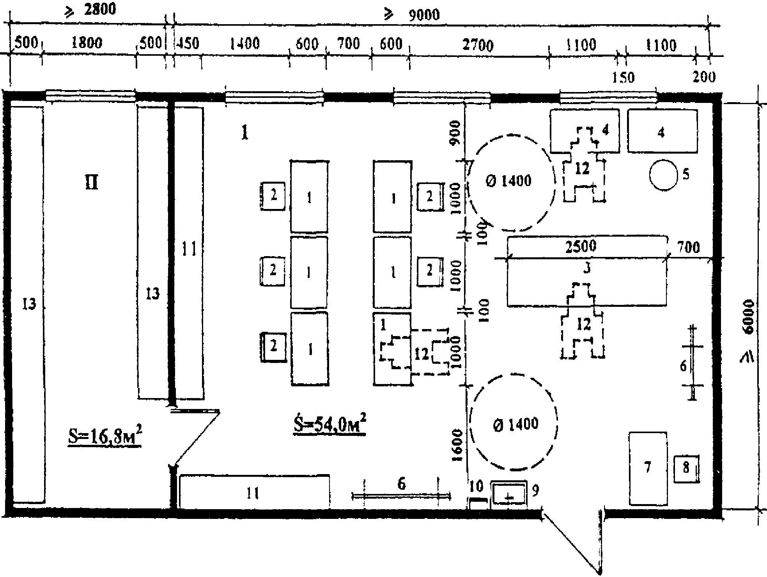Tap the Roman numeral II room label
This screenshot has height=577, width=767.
click(x=92, y=182)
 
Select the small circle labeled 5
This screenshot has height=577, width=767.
click(x=663, y=175)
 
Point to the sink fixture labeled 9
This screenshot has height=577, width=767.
click(x=508, y=495)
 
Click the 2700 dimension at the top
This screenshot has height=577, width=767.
click(x=478, y=45)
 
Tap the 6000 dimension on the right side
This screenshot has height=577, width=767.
click(x=748, y=316)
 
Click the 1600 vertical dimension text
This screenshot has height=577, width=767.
click(x=457, y=445)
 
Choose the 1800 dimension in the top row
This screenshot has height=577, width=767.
click(x=87, y=42)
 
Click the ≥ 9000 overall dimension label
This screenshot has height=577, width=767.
click(x=412, y=15)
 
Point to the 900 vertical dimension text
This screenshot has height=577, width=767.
click(x=455, y=132)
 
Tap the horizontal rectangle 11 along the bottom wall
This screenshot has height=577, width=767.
click(x=253, y=492)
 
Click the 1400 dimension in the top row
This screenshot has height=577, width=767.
click(x=244, y=43)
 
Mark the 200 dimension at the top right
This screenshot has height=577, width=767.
click(x=704, y=77)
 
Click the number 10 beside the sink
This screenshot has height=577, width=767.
click(x=476, y=486)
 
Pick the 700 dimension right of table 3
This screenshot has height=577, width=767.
click(x=689, y=248)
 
